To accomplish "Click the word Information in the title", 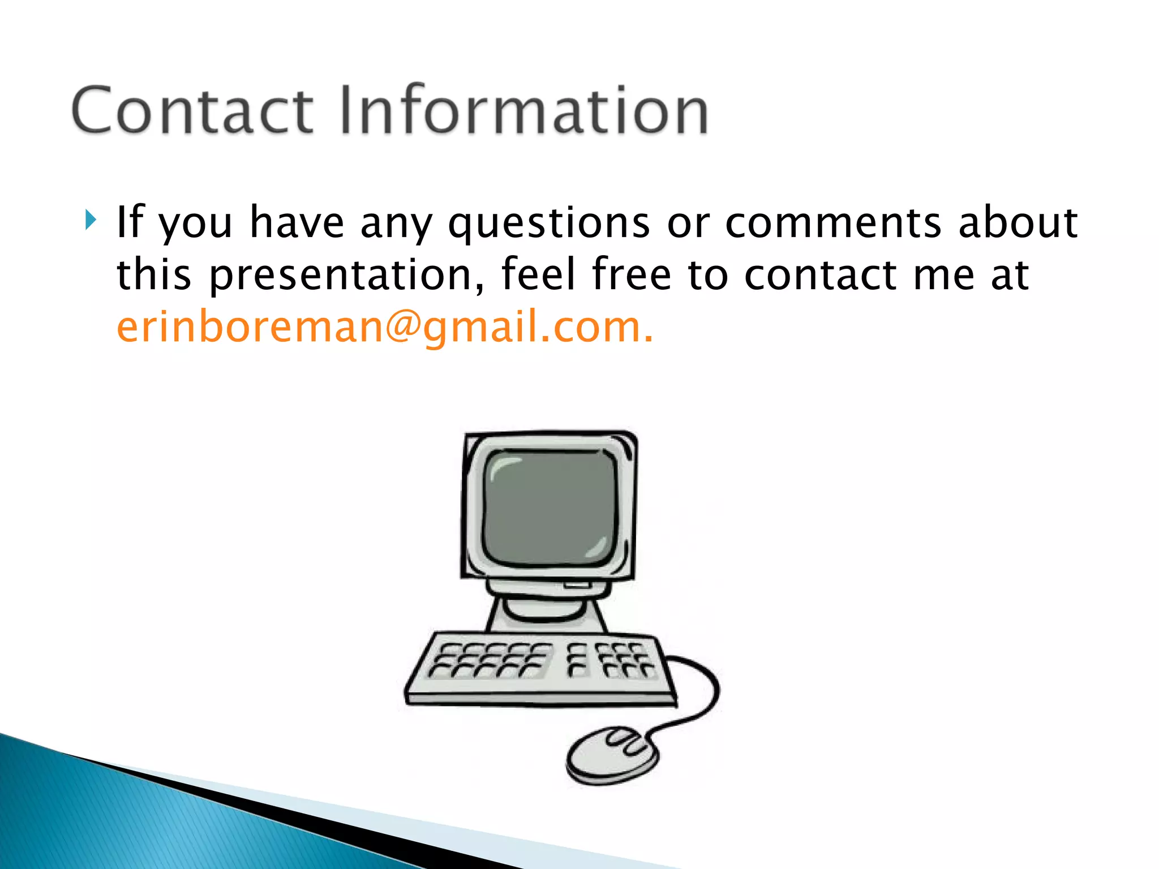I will tap(523, 110).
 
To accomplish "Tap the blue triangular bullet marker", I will tap(91, 220).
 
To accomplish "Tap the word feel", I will tap(538, 274).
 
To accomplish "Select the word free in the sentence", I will tap(631, 274).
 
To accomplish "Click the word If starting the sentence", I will tap(130, 221).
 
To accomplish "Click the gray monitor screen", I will tap(549, 506).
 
